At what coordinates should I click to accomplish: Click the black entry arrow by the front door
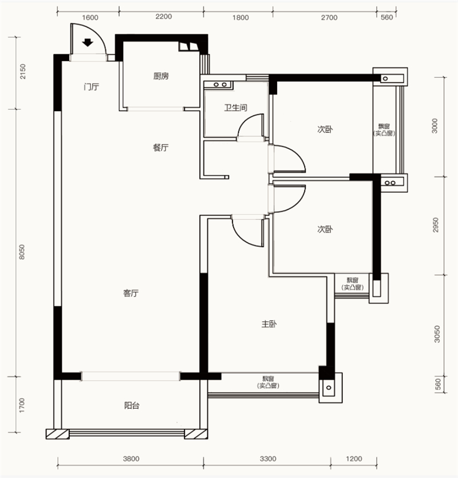pyautogui.click(x=88, y=43)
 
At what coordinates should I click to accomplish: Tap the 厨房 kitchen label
pyautogui.click(x=161, y=76)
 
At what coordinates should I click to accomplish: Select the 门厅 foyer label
pyautogui.click(x=91, y=87)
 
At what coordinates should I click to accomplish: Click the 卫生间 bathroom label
pyautogui.click(x=235, y=108)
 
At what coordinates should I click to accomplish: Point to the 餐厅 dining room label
pyautogui.click(x=160, y=148)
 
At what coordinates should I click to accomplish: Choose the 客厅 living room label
pyautogui.click(x=131, y=293)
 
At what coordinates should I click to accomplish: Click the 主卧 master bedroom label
pyautogui.click(x=269, y=324)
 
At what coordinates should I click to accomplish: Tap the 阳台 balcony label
pyautogui.click(x=132, y=406)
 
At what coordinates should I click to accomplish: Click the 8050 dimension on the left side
pyautogui.click(x=21, y=252)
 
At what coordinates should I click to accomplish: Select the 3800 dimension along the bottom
pyautogui.click(x=131, y=459)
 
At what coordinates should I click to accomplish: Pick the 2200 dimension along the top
pyautogui.click(x=164, y=17)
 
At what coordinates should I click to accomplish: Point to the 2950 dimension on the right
pyautogui.click(x=436, y=225)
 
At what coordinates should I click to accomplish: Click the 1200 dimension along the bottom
pyautogui.click(x=354, y=459)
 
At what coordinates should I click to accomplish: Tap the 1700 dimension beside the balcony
pyautogui.click(x=21, y=405)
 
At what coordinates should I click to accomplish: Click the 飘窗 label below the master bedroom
pyautogui.click(x=269, y=379)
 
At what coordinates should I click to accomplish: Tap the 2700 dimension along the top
pyautogui.click(x=329, y=18)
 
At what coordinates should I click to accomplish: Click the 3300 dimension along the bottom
pyautogui.click(x=268, y=459)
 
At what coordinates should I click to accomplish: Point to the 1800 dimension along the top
pyautogui.click(x=240, y=18)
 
